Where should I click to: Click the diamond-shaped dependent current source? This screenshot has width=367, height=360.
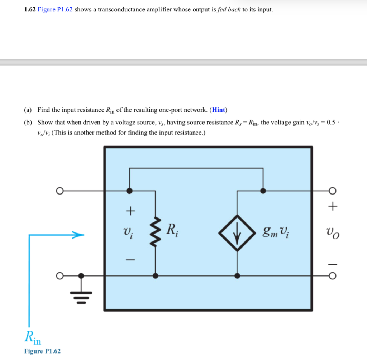pos(237,233)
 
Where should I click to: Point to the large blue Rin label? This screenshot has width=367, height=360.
pos(34,337)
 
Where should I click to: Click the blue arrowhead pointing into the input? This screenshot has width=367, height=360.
pos(78,235)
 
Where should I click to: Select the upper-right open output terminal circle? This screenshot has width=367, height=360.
pos(333,191)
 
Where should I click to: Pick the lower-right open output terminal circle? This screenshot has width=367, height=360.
pos(333,276)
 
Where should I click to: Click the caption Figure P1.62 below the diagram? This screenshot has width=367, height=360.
pos(42,351)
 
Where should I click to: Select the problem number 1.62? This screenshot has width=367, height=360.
pos(30,10)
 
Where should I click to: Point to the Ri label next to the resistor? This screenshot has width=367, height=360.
pos(173,229)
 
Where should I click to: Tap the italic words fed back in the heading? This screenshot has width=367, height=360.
pos(229,10)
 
